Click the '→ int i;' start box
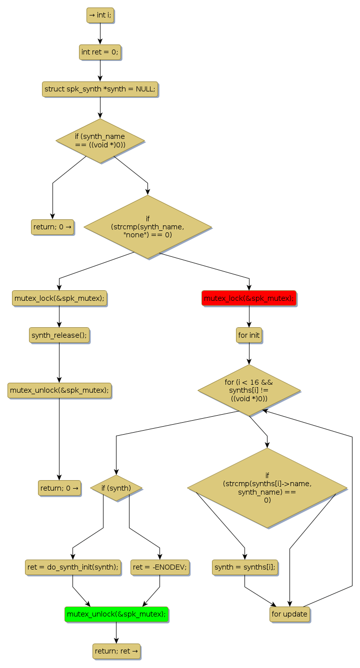(100, 15)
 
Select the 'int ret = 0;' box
(100, 52)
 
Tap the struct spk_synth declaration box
(100, 89)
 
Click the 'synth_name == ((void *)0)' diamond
(100, 140)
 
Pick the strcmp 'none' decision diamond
(147, 227)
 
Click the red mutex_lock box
(249, 298)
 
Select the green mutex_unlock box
(116, 614)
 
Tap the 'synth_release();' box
(59, 335)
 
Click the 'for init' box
(249, 335)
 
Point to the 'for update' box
(289, 614)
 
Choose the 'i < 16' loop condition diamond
(249, 390)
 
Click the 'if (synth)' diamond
(116, 488)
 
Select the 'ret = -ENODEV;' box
(160, 567)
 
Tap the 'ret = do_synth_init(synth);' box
(72, 567)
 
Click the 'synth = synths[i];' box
(244, 567)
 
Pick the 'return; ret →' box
(116, 651)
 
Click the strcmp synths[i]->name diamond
(267, 488)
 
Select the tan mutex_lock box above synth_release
(59, 298)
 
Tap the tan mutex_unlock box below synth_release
(59, 390)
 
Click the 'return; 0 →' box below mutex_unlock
(59, 488)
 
